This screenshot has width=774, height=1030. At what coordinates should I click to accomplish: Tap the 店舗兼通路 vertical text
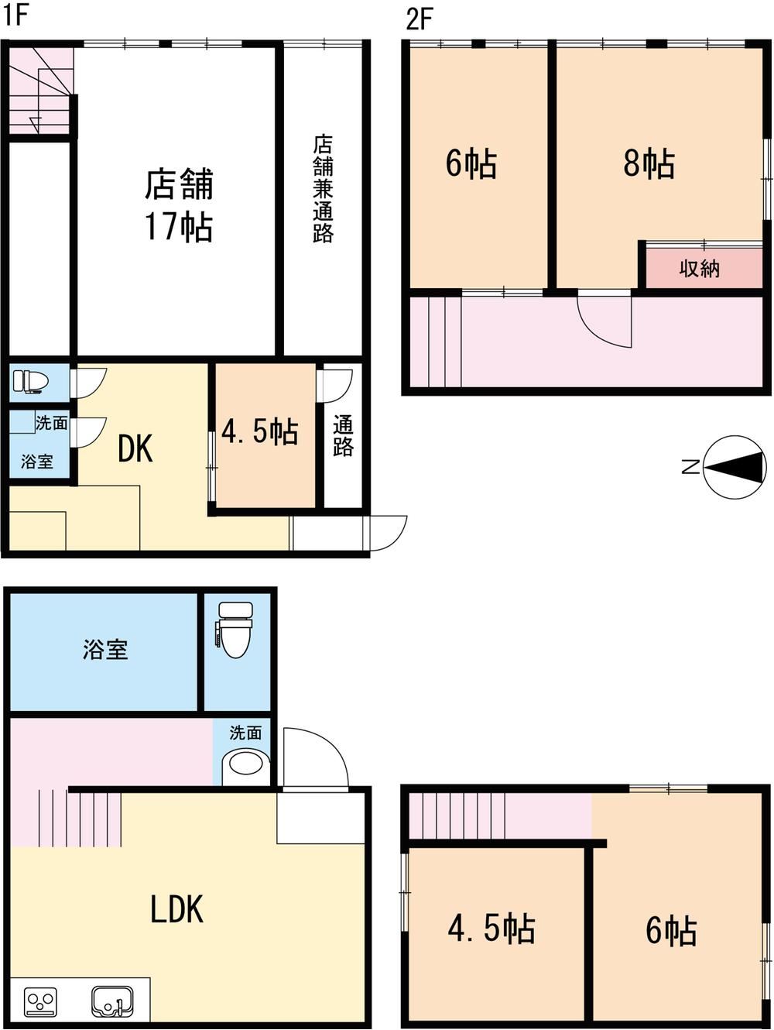tap(323, 189)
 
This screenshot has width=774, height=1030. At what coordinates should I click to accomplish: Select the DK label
tap(135, 449)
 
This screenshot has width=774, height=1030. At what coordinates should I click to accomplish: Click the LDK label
tap(176, 909)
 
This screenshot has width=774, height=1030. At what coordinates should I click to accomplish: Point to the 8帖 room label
tap(649, 163)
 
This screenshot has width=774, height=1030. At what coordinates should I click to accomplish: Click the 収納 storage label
tap(699, 269)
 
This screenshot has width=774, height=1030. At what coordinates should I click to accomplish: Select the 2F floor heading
tap(419, 19)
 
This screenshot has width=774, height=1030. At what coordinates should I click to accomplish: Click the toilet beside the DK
tap(31, 380)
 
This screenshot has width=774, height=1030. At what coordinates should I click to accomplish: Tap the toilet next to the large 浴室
tap(236, 630)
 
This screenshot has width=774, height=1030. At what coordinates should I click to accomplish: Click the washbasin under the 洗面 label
tap(245, 764)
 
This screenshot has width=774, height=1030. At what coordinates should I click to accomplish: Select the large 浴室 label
tap(105, 650)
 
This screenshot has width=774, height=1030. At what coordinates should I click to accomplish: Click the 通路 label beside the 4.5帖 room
tap(343, 436)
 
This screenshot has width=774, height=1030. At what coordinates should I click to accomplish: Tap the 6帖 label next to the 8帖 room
tap(471, 163)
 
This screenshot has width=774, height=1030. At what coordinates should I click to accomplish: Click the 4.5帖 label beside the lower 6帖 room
tap(491, 929)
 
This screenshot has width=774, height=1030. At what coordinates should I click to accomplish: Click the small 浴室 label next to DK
tap(36, 462)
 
